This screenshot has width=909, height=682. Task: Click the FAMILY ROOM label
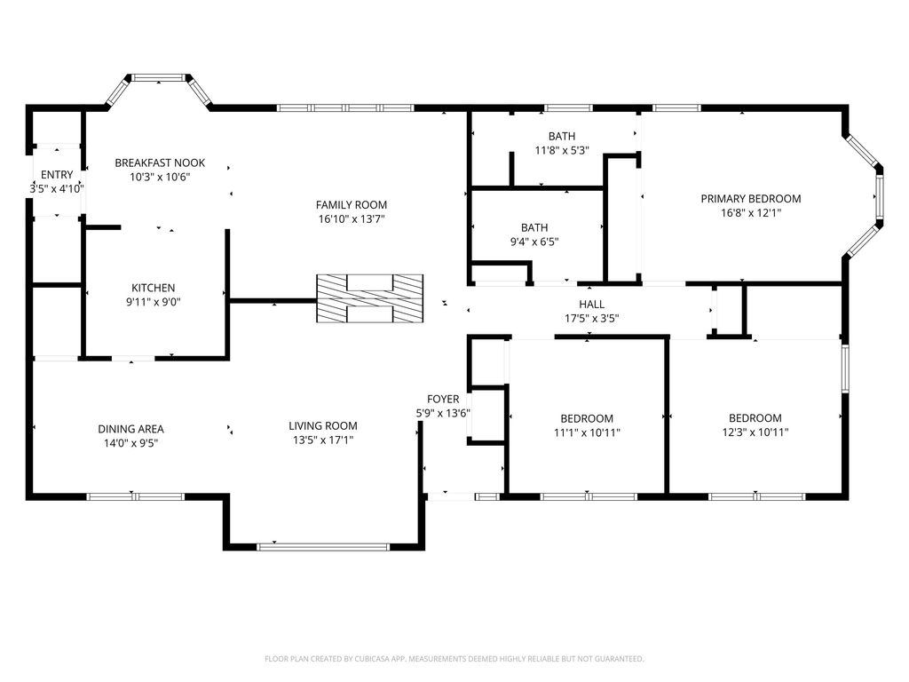point(352,205)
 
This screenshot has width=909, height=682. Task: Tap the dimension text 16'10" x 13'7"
point(352,219)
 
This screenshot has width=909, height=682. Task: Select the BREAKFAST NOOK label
point(160,163)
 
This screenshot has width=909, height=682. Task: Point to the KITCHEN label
point(153,288)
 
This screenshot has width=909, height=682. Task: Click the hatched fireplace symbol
point(370,298)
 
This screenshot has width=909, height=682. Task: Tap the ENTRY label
point(57,175)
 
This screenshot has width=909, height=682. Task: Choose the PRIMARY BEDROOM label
point(751,199)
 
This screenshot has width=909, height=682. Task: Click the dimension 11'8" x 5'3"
point(562,151)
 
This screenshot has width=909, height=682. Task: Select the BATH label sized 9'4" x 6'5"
point(534,228)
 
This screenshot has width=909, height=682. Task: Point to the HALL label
point(591,305)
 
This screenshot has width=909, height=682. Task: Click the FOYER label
point(443,400)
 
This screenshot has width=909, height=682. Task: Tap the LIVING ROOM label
point(323,426)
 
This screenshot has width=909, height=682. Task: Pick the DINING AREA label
point(130,429)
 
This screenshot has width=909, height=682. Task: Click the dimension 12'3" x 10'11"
point(755,432)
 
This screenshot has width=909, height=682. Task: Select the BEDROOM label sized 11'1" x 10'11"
point(587,419)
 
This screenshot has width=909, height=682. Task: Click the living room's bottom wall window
point(323,547)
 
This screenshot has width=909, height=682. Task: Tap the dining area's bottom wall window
point(135,497)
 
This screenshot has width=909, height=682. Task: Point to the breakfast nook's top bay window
point(159,77)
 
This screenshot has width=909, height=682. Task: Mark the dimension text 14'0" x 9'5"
point(130,444)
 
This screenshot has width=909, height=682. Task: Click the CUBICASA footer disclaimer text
point(454,659)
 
